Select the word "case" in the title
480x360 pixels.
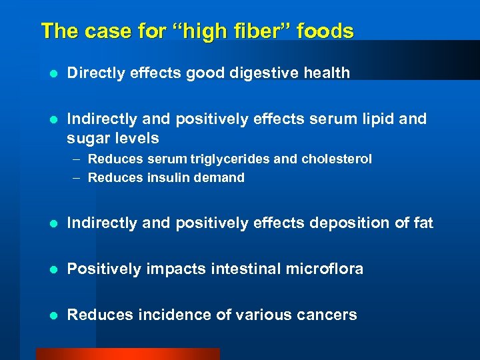pyautogui.click(x=96, y=31)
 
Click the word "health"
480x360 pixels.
pyautogui.click(x=327, y=73)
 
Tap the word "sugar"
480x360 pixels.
pyautogui.click(x=87, y=139)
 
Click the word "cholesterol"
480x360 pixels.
pyautogui.click(x=337, y=159)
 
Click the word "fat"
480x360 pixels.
pyautogui.click(x=423, y=223)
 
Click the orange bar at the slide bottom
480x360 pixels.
pyautogui.click(x=127, y=354)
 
